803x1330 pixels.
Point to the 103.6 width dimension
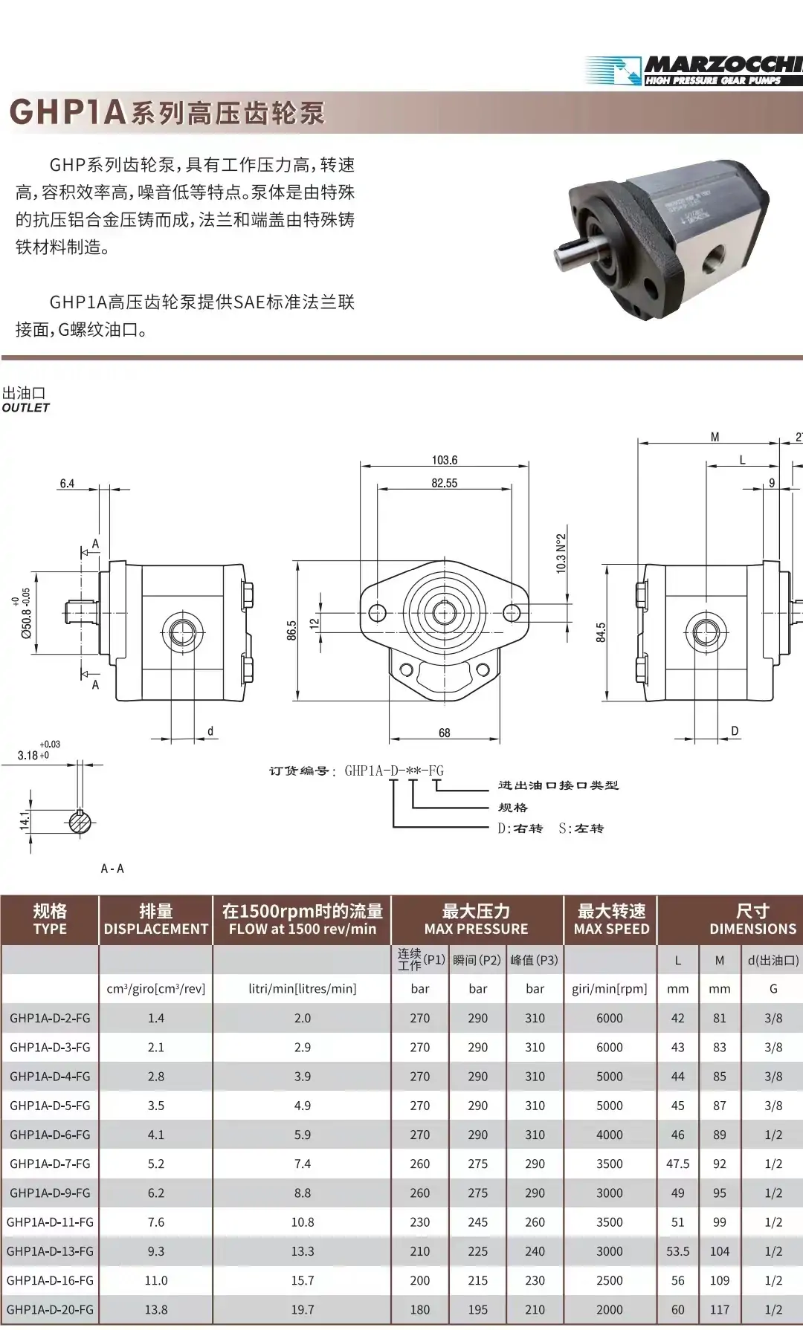445,460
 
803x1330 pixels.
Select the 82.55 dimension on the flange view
445,483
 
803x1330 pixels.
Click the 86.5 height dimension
291,630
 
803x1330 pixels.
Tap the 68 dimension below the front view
445,733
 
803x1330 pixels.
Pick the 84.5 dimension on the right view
601,632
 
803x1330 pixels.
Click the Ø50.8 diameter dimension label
27,614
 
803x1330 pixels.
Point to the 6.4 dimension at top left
67,484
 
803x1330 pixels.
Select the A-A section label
112,869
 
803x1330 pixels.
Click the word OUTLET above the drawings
26,408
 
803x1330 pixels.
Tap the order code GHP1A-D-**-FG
394,771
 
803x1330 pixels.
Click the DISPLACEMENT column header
155,929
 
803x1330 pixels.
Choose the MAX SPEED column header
611,929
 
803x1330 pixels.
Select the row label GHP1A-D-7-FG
50,1164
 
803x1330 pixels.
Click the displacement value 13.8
155,1309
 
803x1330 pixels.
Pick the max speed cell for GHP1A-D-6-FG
609,1135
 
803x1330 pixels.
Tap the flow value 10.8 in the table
302,1222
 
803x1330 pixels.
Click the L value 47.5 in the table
677,1164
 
